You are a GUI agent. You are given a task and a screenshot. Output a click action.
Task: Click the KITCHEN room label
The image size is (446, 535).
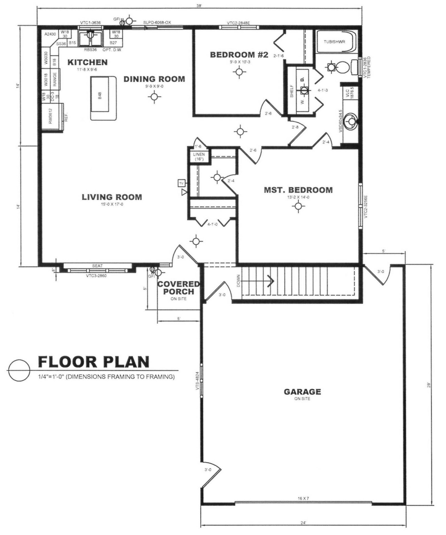(87, 62)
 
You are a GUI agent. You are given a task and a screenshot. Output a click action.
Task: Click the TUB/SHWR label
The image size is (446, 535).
(334, 42)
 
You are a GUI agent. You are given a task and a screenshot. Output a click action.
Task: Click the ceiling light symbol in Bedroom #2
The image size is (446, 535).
(239, 72)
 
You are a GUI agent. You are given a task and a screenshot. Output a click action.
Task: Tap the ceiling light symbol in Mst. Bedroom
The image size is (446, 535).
(298, 206)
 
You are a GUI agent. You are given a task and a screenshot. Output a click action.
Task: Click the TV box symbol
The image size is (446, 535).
(181, 183)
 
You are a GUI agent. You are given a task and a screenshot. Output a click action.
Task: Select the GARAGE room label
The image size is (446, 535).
(302, 392)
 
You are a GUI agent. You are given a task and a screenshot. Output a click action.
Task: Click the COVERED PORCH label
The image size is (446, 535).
(178, 288)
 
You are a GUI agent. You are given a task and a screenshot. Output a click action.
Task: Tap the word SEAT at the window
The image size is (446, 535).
(97, 266)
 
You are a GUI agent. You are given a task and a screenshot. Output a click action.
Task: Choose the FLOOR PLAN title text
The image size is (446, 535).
(94, 362)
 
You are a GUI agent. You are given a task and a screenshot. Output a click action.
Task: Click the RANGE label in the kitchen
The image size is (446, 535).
(55, 79)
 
